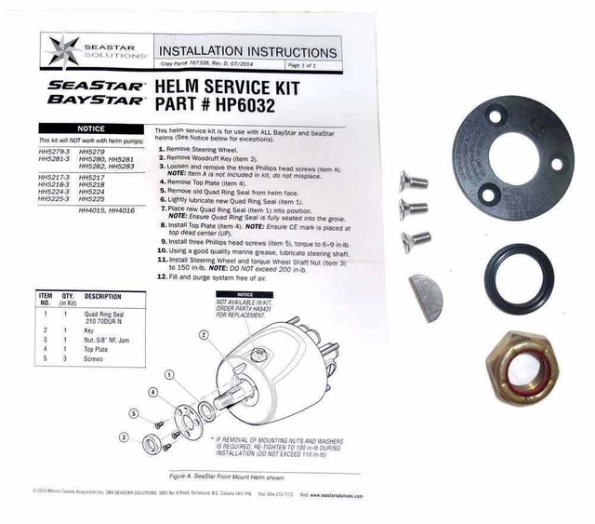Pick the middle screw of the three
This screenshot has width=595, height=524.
click(x=412, y=208)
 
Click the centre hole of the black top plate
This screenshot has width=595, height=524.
click(x=502, y=154)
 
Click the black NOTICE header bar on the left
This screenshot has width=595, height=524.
click(x=89, y=129)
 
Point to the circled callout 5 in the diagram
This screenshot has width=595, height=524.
click(x=134, y=412)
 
